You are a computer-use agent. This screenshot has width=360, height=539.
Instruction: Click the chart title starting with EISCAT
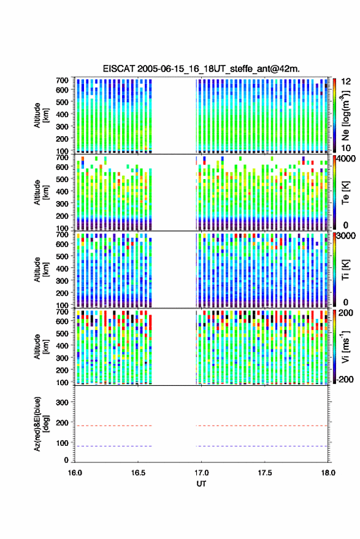point(201,69)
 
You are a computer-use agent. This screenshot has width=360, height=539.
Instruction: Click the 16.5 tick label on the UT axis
point(138,473)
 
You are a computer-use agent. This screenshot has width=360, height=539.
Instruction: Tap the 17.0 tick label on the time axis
point(201,473)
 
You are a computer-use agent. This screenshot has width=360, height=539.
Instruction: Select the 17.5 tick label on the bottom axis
point(264,473)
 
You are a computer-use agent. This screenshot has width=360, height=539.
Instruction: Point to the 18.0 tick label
point(328,473)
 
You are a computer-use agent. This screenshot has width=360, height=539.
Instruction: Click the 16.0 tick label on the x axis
point(75,473)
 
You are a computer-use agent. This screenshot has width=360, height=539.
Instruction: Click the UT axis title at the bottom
point(201,484)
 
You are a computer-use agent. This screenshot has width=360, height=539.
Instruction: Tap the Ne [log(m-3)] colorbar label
point(345,116)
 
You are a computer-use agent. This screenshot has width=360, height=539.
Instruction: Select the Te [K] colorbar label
point(345,193)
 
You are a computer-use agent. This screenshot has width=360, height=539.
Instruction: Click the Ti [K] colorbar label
point(345,270)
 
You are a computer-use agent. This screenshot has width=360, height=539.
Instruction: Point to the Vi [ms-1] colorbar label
point(345,346)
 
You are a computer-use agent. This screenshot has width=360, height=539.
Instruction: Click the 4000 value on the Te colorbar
point(347,159)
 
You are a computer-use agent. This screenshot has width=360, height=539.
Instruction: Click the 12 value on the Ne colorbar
point(346,82)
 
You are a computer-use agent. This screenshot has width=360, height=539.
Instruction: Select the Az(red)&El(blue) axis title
point(41,424)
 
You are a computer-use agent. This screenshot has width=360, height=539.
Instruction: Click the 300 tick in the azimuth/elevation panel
point(62,402)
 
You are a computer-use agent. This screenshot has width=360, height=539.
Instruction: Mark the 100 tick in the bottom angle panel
point(62,443)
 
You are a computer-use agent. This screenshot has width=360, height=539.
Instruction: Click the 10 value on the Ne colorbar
point(346,148)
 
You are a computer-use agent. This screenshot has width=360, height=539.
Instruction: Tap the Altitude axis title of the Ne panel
point(41,115)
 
